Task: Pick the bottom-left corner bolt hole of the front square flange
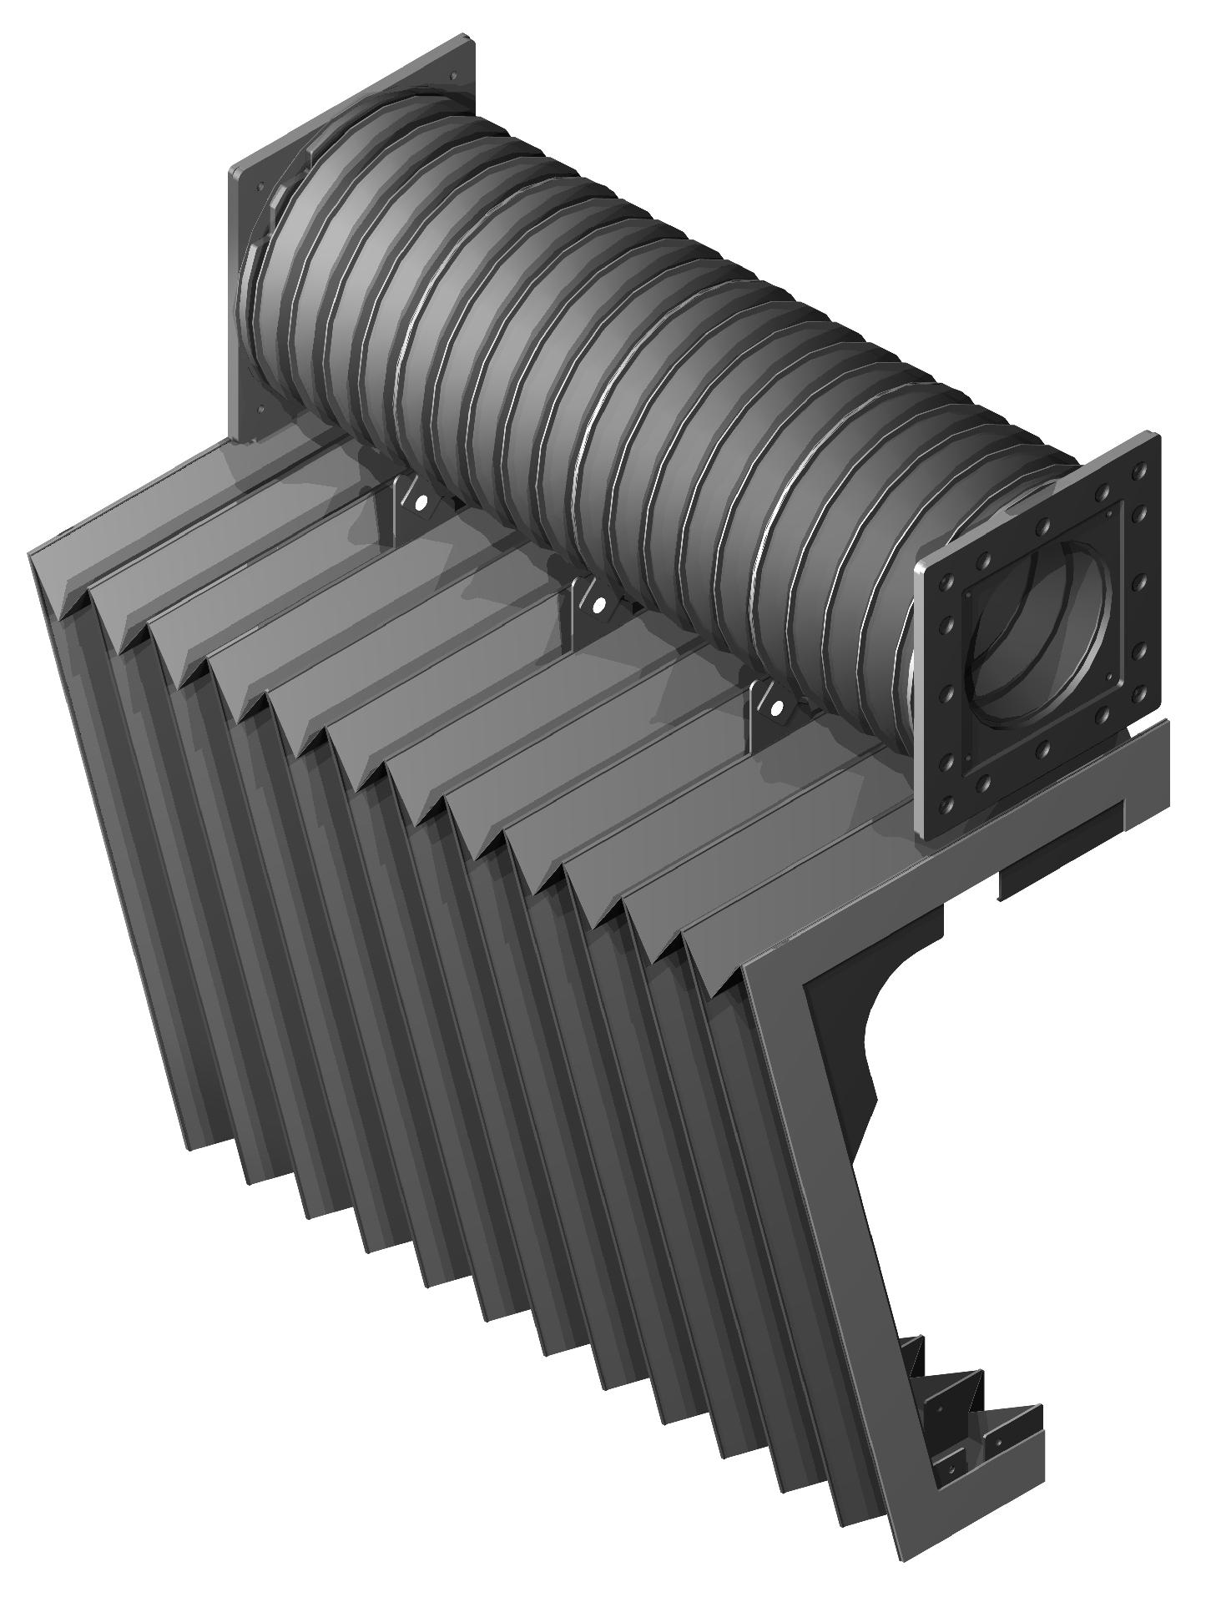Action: [946, 804]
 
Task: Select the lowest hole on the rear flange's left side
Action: [260, 410]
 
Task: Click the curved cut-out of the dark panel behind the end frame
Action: [864, 1035]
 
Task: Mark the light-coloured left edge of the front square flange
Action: [919, 701]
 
